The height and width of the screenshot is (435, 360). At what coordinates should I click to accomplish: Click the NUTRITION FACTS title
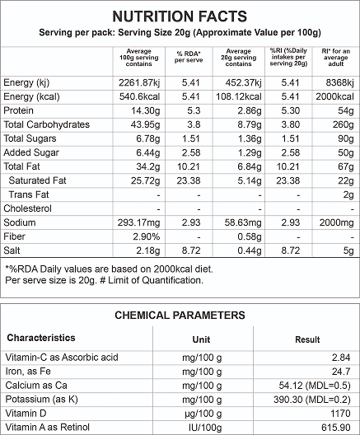tap(180, 16)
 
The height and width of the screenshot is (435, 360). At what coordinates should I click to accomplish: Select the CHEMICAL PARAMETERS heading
tap(180, 316)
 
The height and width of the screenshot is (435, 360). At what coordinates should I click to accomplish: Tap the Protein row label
tap(18, 110)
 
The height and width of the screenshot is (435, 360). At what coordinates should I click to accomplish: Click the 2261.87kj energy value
tap(139, 82)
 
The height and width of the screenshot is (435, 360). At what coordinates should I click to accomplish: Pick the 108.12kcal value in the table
tap(239, 96)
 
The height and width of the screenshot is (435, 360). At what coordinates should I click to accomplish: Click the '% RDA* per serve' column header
tap(189, 57)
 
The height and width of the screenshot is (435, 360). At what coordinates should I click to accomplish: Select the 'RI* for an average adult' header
tap(336, 57)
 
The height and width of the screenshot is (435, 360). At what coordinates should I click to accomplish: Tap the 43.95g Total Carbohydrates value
tap(145, 124)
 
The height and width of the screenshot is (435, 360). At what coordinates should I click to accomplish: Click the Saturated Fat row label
tap(37, 180)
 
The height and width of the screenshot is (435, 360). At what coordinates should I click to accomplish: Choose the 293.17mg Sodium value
tap(138, 222)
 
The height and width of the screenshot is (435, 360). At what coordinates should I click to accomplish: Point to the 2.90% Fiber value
tap(146, 236)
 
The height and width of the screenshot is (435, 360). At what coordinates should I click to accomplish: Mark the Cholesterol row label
tap(27, 208)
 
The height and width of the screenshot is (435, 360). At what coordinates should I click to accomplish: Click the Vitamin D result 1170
tap(340, 414)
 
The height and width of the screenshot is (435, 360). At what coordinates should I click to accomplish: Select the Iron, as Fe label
tap(28, 372)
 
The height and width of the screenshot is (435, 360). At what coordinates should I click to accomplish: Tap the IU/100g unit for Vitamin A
tap(205, 428)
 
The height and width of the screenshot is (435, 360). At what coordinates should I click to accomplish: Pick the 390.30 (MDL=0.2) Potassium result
tap(312, 400)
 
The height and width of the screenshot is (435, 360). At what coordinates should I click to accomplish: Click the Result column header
tap(307, 339)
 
